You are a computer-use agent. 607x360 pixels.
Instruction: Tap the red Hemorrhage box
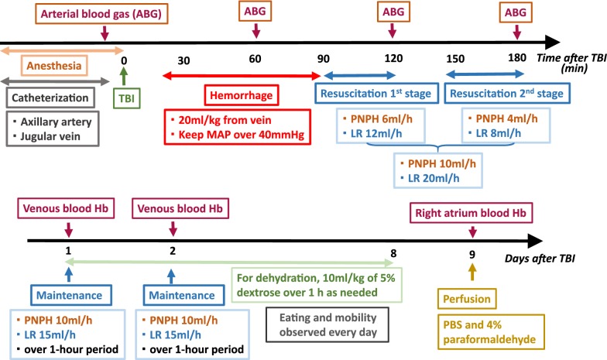point(239,97)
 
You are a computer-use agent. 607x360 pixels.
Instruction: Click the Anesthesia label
point(52,67)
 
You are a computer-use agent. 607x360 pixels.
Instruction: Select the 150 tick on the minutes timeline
point(454,60)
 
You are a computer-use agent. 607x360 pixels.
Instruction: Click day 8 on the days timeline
point(394,252)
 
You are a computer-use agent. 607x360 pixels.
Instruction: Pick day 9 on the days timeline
point(472,252)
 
